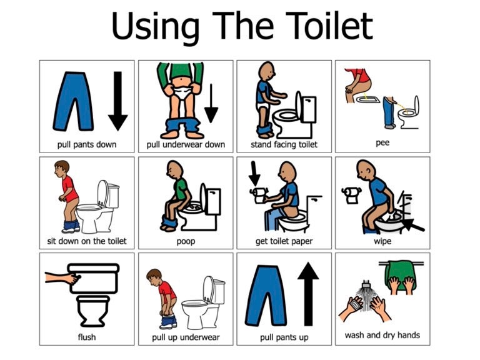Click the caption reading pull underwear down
(186, 145)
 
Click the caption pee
(382, 143)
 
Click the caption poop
(186, 241)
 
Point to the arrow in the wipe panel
(412, 223)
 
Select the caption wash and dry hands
(382, 336)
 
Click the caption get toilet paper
(284, 241)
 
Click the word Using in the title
(156, 26)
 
